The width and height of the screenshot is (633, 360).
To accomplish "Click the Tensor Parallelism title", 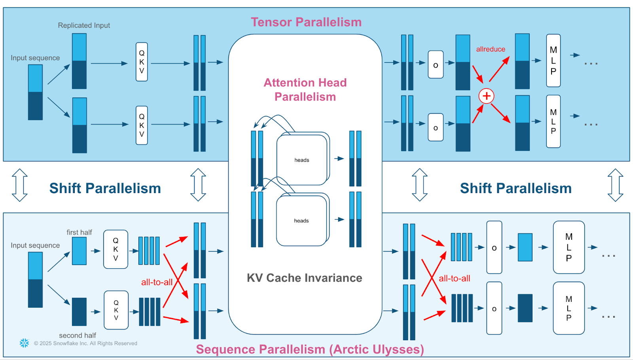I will pyautogui.click(x=306, y=22).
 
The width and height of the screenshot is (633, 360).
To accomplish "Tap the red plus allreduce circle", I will pyautogui.click(x=486, y=96).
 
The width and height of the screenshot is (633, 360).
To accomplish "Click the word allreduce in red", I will pyautogui.click(x=490, y=49).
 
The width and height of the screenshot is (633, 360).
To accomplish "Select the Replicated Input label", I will pyautogui.click(x=84, y=25).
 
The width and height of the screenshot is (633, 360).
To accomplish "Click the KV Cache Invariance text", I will pyautogui.click(x=304, y=278).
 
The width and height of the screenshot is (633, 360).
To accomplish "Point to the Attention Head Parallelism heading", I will pyautogui.click(x=305, y=89).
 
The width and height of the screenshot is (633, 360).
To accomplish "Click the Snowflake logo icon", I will pyautogui.click(x=25, y=343).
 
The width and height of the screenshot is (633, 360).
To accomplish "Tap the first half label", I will pyautogui.click(x=79, y=232).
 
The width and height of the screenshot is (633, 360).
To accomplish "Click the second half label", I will pyautogui.click(x=78, y=335).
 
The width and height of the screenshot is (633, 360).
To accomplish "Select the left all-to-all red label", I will pyautogui.click(x=157, y=282).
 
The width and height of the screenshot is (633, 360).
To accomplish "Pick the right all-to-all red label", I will pyautogui.click(x=454, y=278).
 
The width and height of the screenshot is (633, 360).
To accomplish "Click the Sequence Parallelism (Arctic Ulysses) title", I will pyautogui.click(x=310, y=349).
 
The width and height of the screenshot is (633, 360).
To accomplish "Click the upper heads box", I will pyautogui.click(x=302, y=160).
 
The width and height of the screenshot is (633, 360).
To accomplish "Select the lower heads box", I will pyautogui.click(x=301, y=221).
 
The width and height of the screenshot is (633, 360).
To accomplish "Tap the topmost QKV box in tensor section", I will pyautogui.click(x=142, y=62).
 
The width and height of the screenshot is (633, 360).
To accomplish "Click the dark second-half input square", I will pyautogui.click(x=79, y=312).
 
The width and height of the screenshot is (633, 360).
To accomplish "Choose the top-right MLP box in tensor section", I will pyautogui.click(x=553, y=61).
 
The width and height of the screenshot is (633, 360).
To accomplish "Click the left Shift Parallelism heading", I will pyautogui.click(x=105, y=188).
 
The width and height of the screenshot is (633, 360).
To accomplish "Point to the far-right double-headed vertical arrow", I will pyautogui.click(x=615, y=185).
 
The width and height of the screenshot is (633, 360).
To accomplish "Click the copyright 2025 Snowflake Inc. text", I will pyautogui.click(x=85, y=343).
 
